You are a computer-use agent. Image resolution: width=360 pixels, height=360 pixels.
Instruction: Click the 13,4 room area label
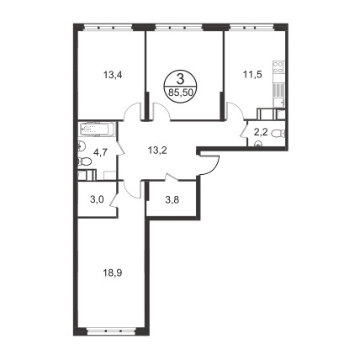click(x=113, y=75)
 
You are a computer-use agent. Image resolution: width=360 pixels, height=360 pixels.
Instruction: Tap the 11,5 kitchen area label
click(x=251, y=75)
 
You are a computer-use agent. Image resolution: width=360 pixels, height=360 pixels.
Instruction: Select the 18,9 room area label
click(x=113, y=273)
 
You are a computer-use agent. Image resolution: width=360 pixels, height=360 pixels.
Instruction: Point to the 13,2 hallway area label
click(x=157, y=151)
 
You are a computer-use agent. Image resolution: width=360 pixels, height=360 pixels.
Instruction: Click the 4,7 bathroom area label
click(x=101, y=154)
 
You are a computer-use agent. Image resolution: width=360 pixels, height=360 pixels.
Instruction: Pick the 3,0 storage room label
click(x=98, y=199)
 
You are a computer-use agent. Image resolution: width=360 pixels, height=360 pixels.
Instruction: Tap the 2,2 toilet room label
click(x=260, y=133)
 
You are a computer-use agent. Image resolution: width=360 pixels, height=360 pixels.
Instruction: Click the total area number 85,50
click(x=180, y=93)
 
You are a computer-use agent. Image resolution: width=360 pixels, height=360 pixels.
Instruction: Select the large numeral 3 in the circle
click(x=180, y=79)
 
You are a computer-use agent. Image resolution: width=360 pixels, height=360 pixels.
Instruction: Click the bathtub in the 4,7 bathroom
click(x=97, y=129)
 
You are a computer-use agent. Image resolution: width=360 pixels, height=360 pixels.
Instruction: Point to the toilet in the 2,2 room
click(x=278, y=134)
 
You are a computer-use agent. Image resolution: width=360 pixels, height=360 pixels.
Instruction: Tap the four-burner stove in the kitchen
click(x=279, y=67)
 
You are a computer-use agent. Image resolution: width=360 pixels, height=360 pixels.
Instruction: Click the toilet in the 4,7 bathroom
click(x=85, y=161)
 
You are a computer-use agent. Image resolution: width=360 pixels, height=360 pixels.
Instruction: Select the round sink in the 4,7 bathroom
click(x=81, y=146)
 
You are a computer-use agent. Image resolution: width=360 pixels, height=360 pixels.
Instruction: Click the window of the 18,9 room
click(x=112, y=331)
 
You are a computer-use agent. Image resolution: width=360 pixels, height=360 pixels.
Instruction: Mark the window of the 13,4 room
click(x=108, y=28)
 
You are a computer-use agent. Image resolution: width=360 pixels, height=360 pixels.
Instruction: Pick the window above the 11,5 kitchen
click(x=251, y=28)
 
